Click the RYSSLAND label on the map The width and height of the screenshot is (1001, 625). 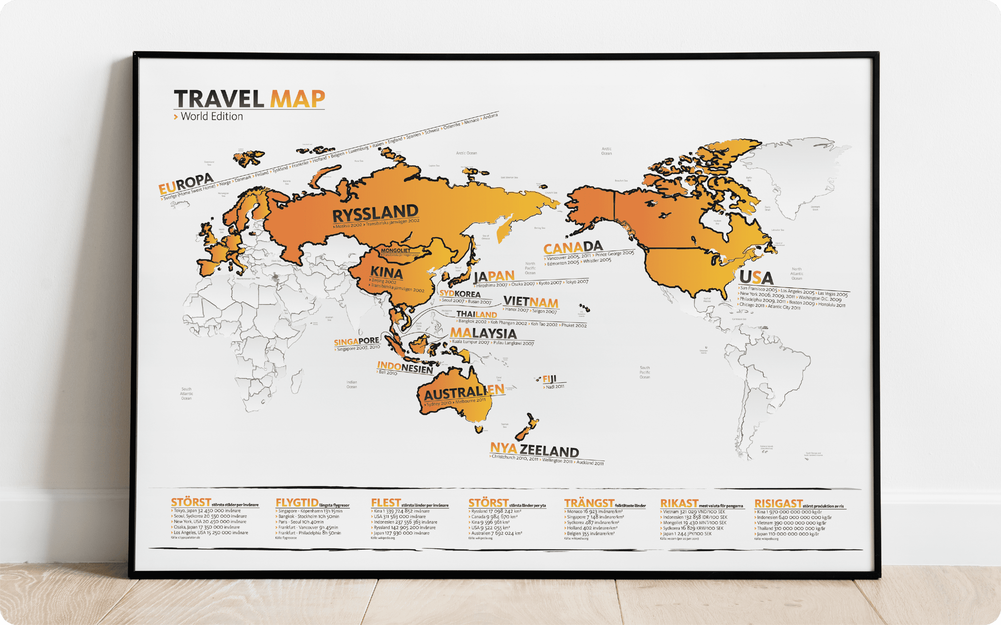375,213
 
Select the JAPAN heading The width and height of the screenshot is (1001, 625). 494,276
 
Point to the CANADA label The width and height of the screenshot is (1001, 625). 573,248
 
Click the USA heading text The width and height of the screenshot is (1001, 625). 756,277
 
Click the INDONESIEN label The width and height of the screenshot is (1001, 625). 405,367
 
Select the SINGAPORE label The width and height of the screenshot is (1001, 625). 356,341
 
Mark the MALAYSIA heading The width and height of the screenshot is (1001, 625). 483,333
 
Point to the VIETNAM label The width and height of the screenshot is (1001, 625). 531,302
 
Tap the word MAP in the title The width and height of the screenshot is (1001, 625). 298,99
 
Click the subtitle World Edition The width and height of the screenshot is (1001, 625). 212,117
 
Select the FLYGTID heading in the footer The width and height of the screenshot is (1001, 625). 297,503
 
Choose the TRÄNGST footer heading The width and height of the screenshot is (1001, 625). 589,503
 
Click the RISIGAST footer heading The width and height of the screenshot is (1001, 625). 778,503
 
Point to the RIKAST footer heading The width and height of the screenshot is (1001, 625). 679,503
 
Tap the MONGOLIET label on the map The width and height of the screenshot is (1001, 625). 396,250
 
